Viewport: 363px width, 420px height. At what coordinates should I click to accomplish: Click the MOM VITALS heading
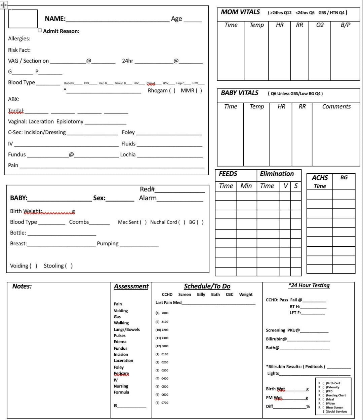(x=240, y=12)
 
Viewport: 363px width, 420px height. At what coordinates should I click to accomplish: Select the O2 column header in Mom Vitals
(x=320, y=25)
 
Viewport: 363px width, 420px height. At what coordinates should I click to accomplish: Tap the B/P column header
(x=345, y=25)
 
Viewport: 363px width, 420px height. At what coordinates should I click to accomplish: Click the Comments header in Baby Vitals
(x=336, y=107)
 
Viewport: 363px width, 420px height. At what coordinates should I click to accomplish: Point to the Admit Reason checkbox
(x=40, y=31)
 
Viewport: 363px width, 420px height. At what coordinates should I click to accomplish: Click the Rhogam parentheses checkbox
(x=172, y=91)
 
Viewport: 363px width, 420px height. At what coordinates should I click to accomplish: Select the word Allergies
(x=19, y=39)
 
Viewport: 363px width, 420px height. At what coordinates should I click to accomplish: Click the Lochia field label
(x=128, y=155)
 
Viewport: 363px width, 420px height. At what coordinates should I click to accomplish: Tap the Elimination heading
(x=277, y=174)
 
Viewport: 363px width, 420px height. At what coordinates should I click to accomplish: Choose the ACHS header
(x=320, y=178)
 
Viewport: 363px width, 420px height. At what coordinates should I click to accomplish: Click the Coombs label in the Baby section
(x=79, y=222)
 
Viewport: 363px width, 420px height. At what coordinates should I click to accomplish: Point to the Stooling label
(x=54, y=266)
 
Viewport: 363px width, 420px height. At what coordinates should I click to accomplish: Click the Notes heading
(x=22, y=286)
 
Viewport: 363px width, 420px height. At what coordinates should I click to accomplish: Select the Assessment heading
(x=131, y=286)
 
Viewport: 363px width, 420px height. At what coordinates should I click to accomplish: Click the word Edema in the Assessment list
(x=120, y=342)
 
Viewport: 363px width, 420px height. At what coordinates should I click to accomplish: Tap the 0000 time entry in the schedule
(x=165, y=346)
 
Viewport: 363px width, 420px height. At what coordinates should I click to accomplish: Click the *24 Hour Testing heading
(x=309, y=285)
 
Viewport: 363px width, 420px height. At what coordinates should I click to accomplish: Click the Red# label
(x=147, y=189)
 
